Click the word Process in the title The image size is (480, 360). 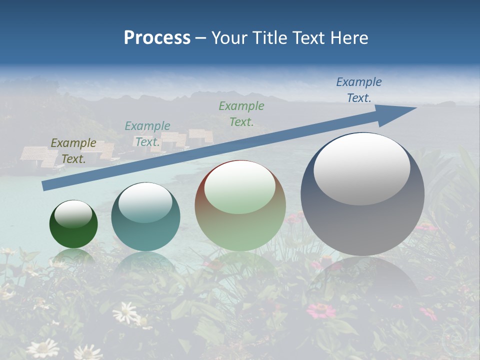tap(157, 38)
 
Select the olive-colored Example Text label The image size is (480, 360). tap(73, 151)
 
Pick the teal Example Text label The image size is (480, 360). tap(147, 134)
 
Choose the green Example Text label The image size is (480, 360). tap(241, 114)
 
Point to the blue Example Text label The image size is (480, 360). tap(358, 90)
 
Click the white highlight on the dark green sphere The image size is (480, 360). tap(73, 214)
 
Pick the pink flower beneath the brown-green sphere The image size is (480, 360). tap(321, 310)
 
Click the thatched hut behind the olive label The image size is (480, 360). tap(37, 156)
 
